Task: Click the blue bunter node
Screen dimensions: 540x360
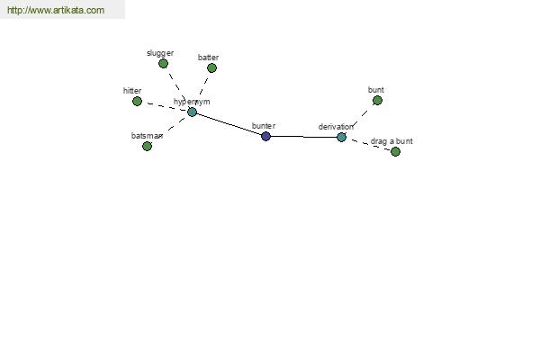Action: click(x=265, y=136)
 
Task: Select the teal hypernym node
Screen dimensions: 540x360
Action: click(x=193, y=112)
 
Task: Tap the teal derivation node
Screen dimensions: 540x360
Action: click(x=341, y=137)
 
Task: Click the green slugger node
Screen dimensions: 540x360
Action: click(x=163, y=63)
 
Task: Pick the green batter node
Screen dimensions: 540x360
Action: click(x=211, y=67)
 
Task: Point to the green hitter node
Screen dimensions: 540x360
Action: click(x=137, y=102)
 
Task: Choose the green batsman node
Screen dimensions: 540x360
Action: click(x=147, y=147)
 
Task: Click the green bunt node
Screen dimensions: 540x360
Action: click(x=377, y=101)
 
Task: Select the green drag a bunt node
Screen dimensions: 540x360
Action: click(x=395, y=151)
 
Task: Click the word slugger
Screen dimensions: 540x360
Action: click(x=160, y=53)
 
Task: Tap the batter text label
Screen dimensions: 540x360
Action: click(x=209, y=58)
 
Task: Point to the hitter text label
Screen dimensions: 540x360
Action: click(x=132, y=91)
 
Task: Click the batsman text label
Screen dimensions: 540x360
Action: click(x=147, y=136)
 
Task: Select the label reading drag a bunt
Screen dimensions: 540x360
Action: click(x=391, y=141)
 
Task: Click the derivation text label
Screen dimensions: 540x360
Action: click(x=336, y=127)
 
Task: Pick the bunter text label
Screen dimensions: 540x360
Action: click(x=264, y=126)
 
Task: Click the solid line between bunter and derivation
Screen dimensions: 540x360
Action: click(x=303, y=137)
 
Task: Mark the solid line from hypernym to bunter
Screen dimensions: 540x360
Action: click(x=229, y=124)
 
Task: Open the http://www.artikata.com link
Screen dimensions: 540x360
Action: click(x=56, y=10)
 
